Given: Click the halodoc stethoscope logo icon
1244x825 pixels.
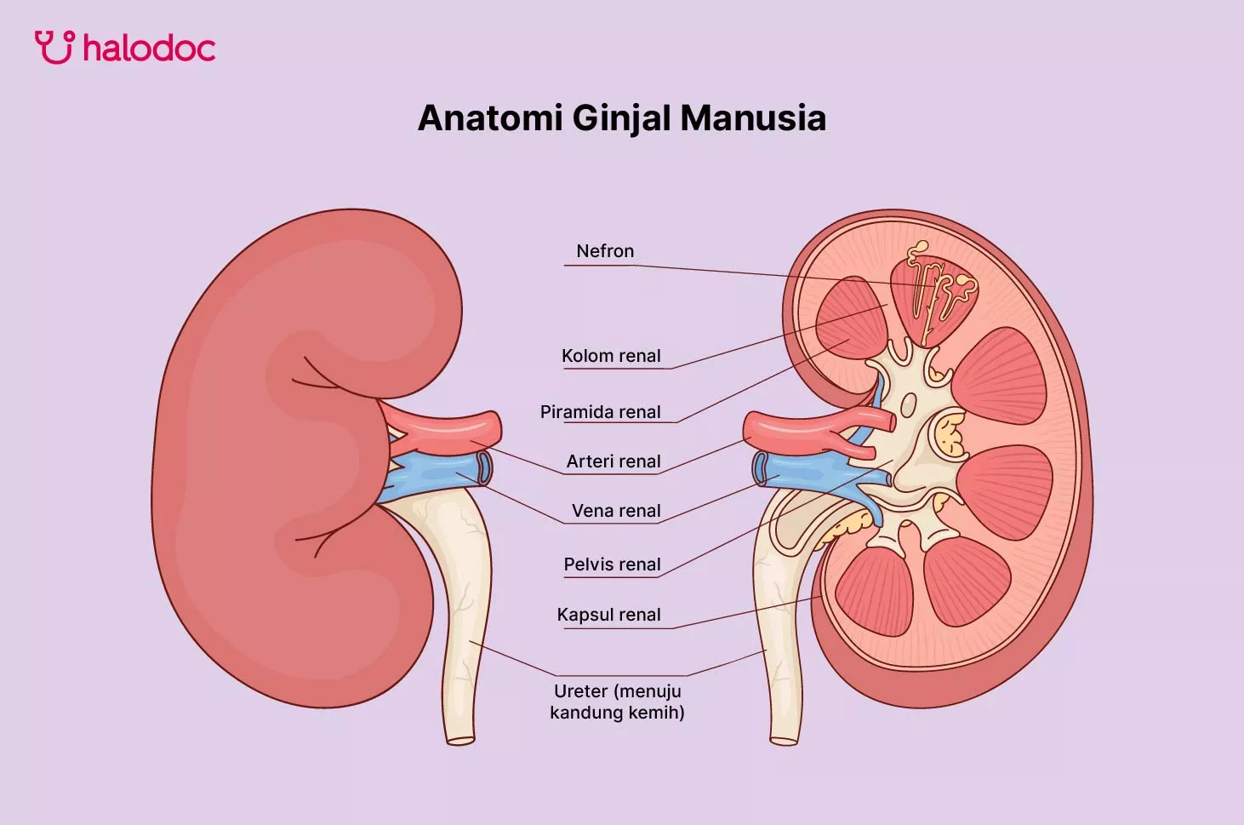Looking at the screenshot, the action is tap(54, 47).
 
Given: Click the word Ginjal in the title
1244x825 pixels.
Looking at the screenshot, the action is tap(621, 119).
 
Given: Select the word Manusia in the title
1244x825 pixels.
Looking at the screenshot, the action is tap(753, 118).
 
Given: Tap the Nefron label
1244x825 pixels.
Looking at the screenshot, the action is tap(605, 251).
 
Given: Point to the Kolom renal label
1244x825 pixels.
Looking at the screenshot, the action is tap(611, 356).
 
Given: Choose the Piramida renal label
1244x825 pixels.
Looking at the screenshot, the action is tap(601, 412).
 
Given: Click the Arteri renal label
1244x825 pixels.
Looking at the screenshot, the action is tap(613, 461).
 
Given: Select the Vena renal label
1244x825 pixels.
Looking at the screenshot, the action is tap(616, 511).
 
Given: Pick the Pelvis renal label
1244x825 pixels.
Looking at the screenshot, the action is tap(612, 564).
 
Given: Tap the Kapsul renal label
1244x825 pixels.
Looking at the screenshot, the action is tap(608, 615).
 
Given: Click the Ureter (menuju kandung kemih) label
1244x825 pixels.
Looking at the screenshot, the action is tap(617, 702).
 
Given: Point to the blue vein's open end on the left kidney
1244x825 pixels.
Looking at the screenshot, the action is tap(484, 467).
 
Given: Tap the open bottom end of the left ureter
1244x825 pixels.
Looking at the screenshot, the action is tap(460, 740).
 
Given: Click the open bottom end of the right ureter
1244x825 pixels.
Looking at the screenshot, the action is tap(785, 740).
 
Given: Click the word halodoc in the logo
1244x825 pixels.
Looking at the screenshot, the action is tap(149, 48).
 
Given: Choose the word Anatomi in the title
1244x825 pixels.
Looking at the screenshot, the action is tap(490, 118).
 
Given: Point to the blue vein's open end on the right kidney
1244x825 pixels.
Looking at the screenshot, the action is tap(759, 469).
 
